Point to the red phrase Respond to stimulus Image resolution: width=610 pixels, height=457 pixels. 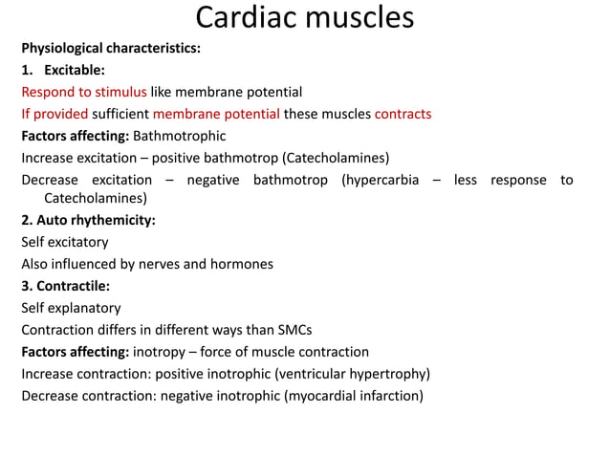pyautogui.click(x=84, y=92)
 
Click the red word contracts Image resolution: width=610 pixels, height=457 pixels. pyautogui.click(x=403, y=114)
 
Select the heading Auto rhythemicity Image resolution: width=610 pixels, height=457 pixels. pyautogui.click(x=96, y=220)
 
